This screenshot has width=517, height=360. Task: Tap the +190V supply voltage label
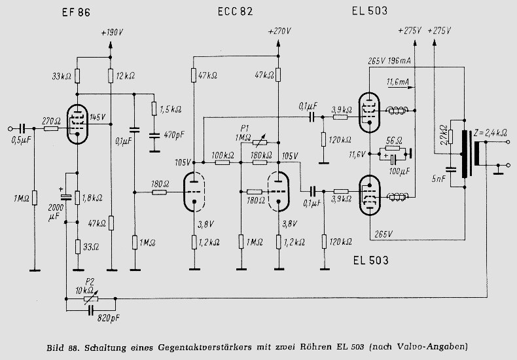(x=113, y=32)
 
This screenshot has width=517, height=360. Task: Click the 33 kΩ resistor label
(x=62, y=76)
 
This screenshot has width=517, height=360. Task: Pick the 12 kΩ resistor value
(x=124, y=76)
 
